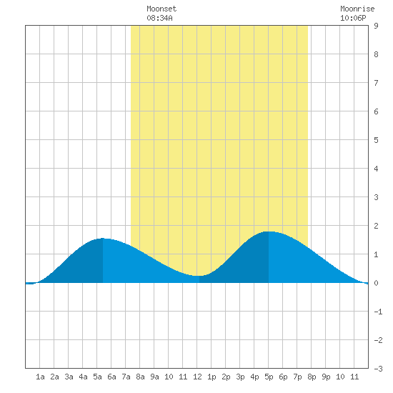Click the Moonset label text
point(161,9)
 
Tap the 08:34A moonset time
point(159,18)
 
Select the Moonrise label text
point(357,9)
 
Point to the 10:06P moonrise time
point(353,18)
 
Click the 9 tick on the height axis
point(376,26)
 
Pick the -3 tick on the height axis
point(378,369)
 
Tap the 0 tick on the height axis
point(376,283)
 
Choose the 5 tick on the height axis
point(376,140)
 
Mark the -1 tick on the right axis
point(378,312)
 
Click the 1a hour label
point(40,377)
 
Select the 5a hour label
point(97,377)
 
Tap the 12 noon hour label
point(197,377)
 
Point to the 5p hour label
point(269,377)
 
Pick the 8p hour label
point(312,377)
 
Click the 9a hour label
point(154,377)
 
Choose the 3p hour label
point(240,377)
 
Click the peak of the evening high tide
point(269,232)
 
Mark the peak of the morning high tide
point(103,239)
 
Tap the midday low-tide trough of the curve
point(199,276)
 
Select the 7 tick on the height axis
point(376,83)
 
